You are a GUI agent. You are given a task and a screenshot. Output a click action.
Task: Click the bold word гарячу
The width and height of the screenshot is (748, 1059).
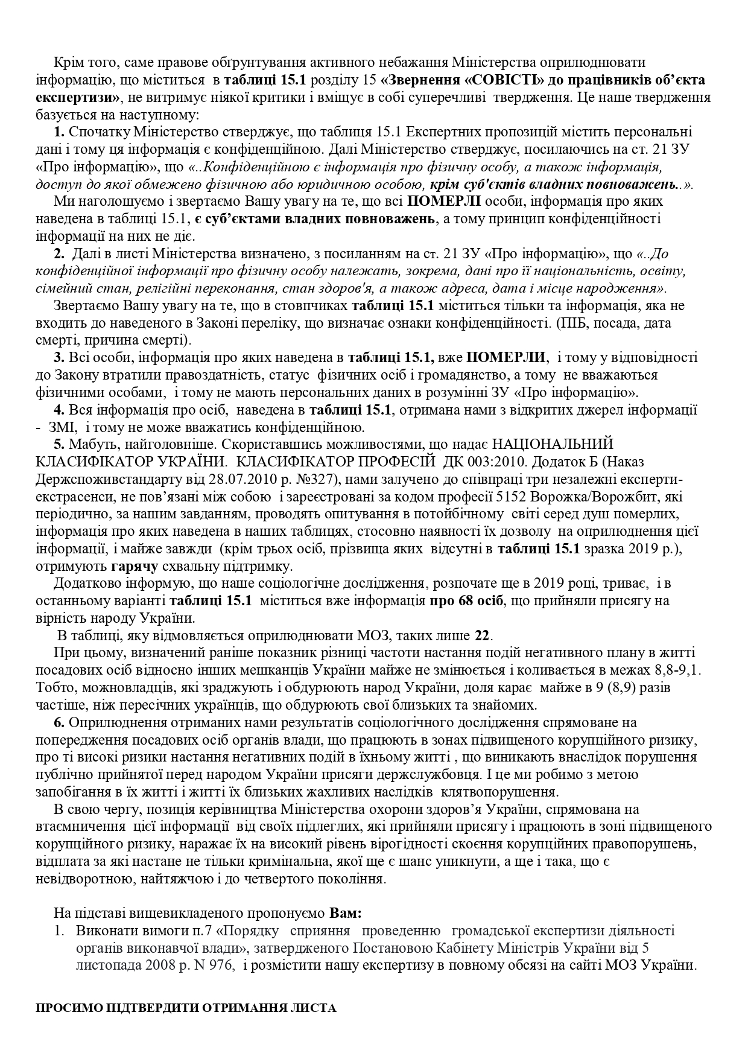pyautogui.click(x=135, y=567)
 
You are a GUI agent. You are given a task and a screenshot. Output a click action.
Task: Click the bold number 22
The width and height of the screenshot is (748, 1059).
pyautogui.click(x=482, y=635)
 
